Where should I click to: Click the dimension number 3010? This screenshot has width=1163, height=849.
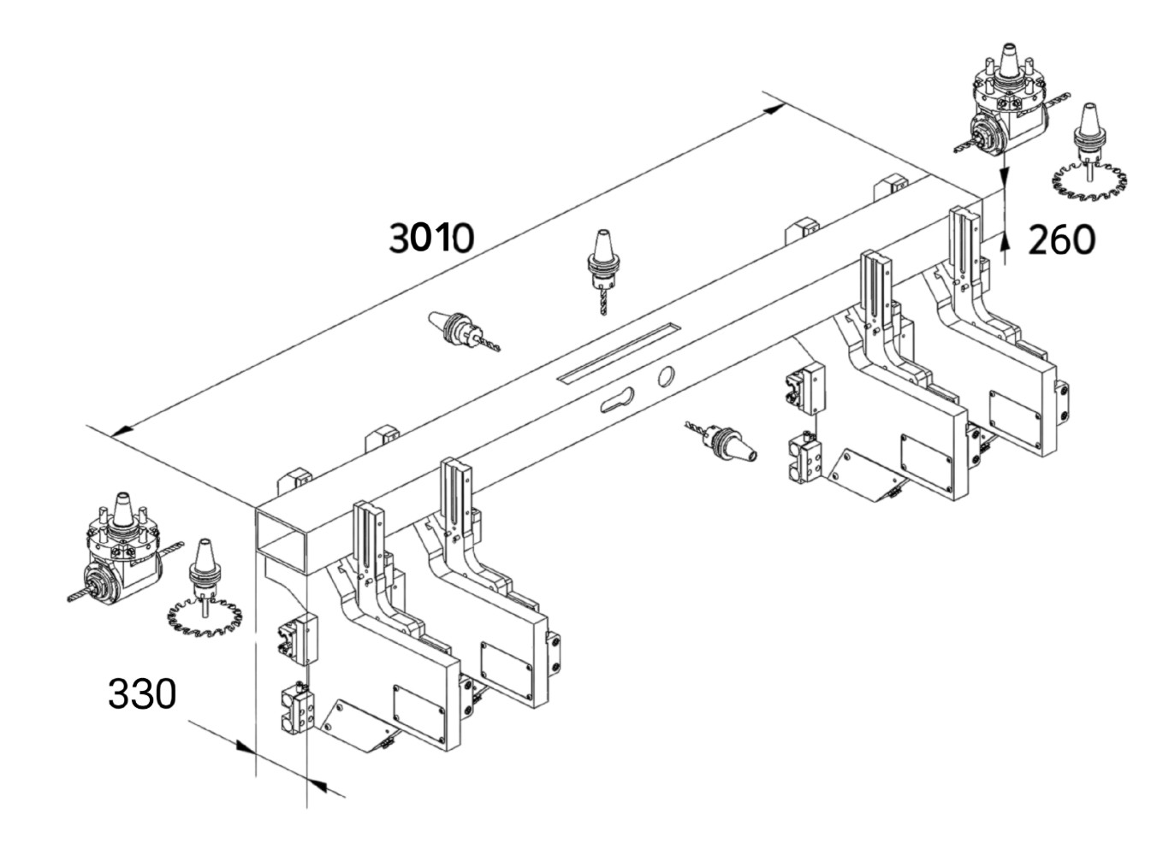(431, 237)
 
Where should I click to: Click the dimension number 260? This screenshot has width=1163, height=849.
(1061, 240)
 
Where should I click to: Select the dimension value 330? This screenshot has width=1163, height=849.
(142, 693)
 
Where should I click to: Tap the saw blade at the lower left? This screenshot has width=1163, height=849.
(204, 616)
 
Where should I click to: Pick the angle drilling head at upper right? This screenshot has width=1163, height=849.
(1007, 107)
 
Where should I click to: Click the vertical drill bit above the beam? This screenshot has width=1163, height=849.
(602, 270)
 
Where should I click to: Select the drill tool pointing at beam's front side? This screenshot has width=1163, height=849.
(723, 439)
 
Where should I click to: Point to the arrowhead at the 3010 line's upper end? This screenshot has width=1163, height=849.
(774, 108)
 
